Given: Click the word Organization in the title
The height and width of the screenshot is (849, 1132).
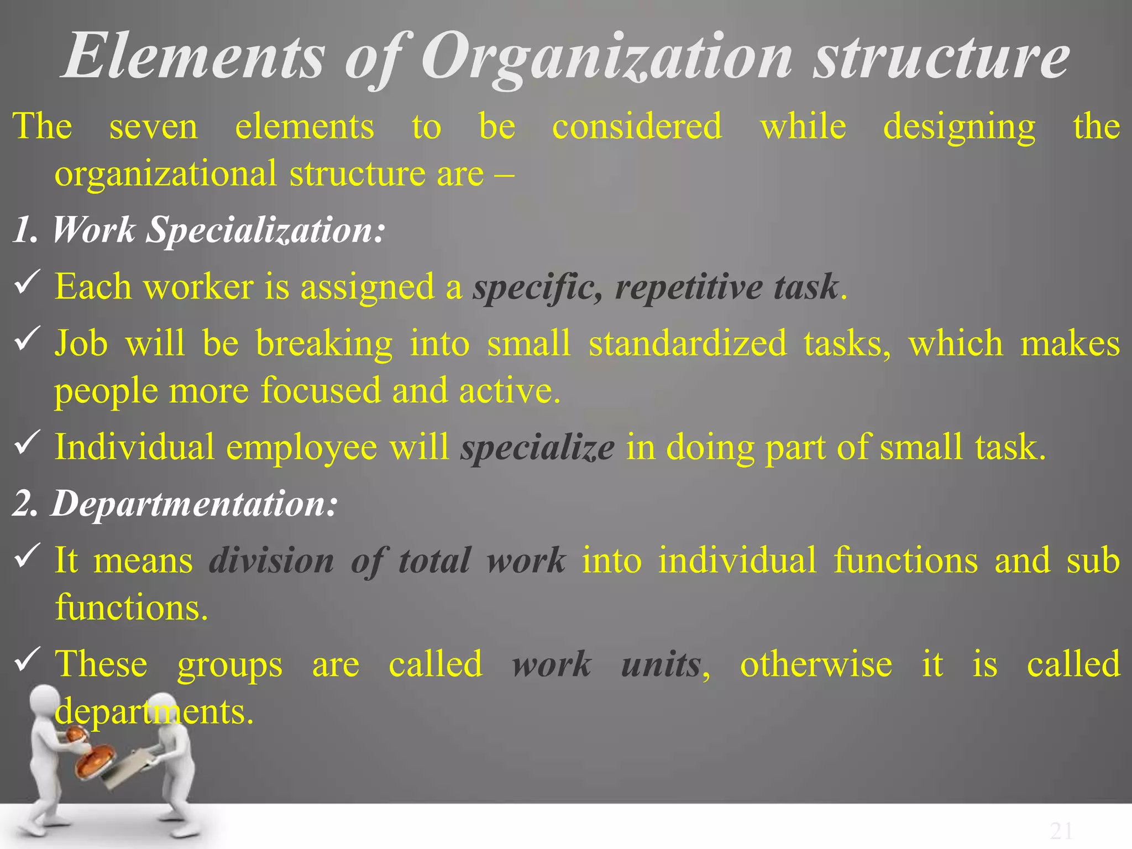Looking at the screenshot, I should [606, 58].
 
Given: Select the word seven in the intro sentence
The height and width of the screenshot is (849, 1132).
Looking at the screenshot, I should [153, 127].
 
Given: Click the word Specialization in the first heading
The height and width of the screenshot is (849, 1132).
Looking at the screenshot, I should [265, 230].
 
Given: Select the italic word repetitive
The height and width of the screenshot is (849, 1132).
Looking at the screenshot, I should [689, 287].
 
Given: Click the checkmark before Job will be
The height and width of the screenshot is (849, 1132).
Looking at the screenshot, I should [27, 338].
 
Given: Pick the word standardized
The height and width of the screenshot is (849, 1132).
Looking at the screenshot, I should [688, 343].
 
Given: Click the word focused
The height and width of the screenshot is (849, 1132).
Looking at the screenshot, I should [321, 390].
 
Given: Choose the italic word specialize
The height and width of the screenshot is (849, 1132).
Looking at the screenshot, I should [537, 448].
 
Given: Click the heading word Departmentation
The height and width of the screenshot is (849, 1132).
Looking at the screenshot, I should [194, 504].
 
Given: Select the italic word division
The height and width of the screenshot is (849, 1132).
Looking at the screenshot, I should [272, 560].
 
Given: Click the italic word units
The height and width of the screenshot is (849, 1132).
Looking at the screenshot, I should [661, 664].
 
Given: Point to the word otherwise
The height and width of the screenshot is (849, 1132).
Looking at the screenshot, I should [816, 664].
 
